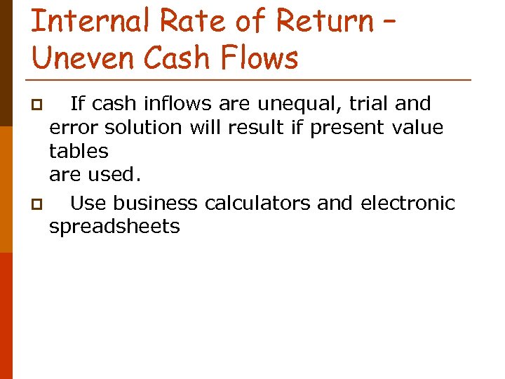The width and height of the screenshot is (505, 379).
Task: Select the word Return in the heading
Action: pyautogui.click(x=325, y=20)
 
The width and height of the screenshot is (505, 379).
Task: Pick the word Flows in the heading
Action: pyautogui.click(x=261, y=57)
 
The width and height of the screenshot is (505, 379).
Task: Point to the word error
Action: pyautogui.click(x=74, y=128)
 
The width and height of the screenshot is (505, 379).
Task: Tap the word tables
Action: pyautogui.click(x=79, y=151)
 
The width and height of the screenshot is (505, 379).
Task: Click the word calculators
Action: pyautogui.click(x=258, y=204)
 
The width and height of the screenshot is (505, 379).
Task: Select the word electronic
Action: pyautogui.click(x=408, y=204)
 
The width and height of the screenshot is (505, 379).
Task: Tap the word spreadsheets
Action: pyautogui.click(x=114, y=227)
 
